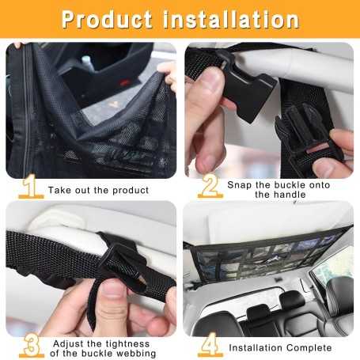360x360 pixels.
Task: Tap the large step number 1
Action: (30, 188)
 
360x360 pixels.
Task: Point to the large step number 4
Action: (208, 346)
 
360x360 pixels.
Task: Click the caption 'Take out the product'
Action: (98, 191)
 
